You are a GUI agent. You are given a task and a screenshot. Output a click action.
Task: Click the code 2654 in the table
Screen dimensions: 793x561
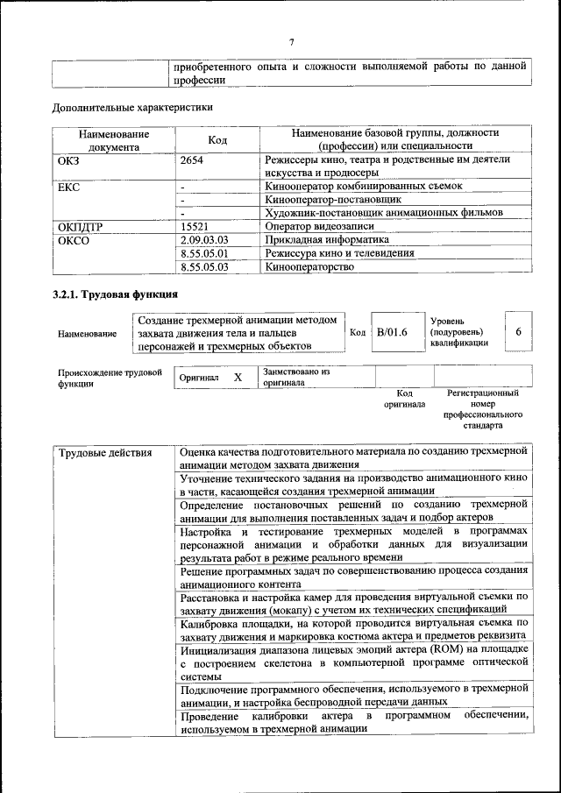pyautogui.click(x=193, y=160)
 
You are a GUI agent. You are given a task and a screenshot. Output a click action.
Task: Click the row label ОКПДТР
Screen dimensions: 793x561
pyautogui.click(x=80, y=226)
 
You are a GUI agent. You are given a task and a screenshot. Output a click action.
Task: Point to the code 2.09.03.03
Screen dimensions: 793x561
pyautogui.click(x=203, y=239)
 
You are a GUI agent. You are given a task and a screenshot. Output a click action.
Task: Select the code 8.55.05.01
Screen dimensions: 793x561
pyautogui.click(x=203, y=253)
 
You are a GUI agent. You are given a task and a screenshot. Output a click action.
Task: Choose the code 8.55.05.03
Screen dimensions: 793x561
pyautogui.click(x=203, y=267)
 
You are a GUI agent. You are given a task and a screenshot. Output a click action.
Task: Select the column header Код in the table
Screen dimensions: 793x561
pyautogui.click(x=217, y=140)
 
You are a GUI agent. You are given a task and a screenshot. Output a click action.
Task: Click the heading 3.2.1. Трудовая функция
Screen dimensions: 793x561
pyautogui.click(x=116, y=294)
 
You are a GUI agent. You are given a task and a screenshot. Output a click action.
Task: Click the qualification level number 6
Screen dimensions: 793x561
pyautogui.click(x=519, y=332)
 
